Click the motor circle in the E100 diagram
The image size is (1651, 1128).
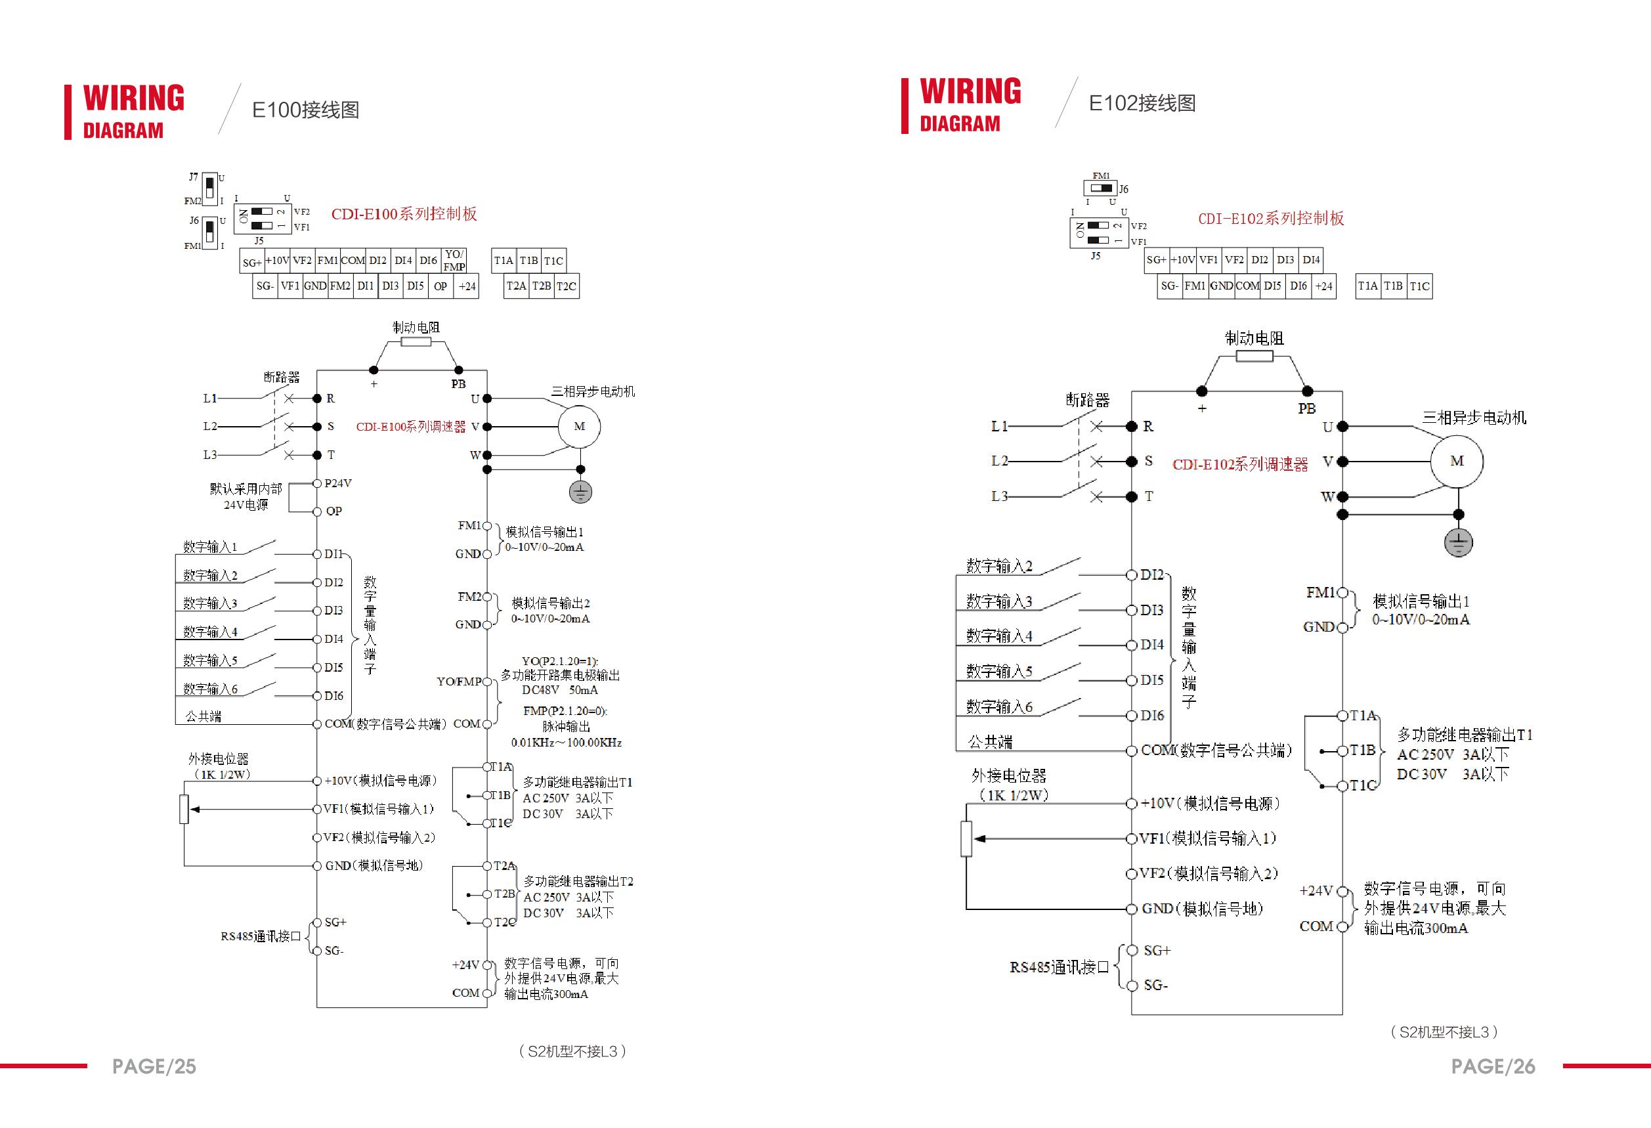coord(579,426)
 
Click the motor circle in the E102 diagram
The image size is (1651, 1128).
coord(1456,461)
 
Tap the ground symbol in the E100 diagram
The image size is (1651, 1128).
coord(580,492)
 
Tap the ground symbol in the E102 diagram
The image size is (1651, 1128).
coord(1458,544)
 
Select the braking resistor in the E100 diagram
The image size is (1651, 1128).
coord(416,341)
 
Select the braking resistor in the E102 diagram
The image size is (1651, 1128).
coord(1254,356)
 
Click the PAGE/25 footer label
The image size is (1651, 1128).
coord(154,1066)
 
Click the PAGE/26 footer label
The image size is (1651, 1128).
coord(1493,1066)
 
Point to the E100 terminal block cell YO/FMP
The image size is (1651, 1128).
coord(454,260)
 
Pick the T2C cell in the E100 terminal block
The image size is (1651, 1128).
coord(567,286)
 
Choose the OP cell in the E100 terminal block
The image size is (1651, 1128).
coord(440,286)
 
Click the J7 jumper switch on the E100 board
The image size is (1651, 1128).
coord(209,188)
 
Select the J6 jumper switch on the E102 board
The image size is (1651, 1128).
coord(1100,188)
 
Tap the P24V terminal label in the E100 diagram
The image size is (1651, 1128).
coord(338,483)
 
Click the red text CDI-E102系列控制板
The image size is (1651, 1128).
coord(1271,218)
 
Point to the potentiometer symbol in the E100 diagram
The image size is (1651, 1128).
coord(184,809)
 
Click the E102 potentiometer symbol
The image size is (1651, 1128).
coord(966,839)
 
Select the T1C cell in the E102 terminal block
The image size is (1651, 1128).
coord(1419,286)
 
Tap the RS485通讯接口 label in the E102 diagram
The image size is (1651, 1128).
coord(1060,967)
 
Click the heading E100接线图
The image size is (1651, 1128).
coord(305,110)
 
